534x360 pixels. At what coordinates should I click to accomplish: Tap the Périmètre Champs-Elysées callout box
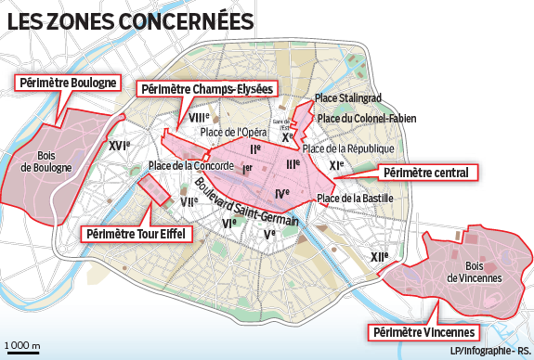[x=206, y=89]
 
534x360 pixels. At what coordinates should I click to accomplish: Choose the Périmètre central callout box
[x=429, y=172]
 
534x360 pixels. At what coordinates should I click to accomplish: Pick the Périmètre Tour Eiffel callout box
[x=137, y=234]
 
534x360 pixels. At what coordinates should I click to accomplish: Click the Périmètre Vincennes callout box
[x=424, y=332]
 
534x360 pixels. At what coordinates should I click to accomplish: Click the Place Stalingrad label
[x=348, y=98]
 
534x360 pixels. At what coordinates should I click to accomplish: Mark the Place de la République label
[x=349, y=148]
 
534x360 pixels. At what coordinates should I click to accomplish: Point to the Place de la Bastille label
[x=356, y=198]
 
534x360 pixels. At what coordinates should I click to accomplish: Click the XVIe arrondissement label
[x=117, y=146]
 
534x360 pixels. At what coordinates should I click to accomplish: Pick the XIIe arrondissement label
[x=378, y=257]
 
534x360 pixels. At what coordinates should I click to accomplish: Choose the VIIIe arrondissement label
[x=198, y=118]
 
